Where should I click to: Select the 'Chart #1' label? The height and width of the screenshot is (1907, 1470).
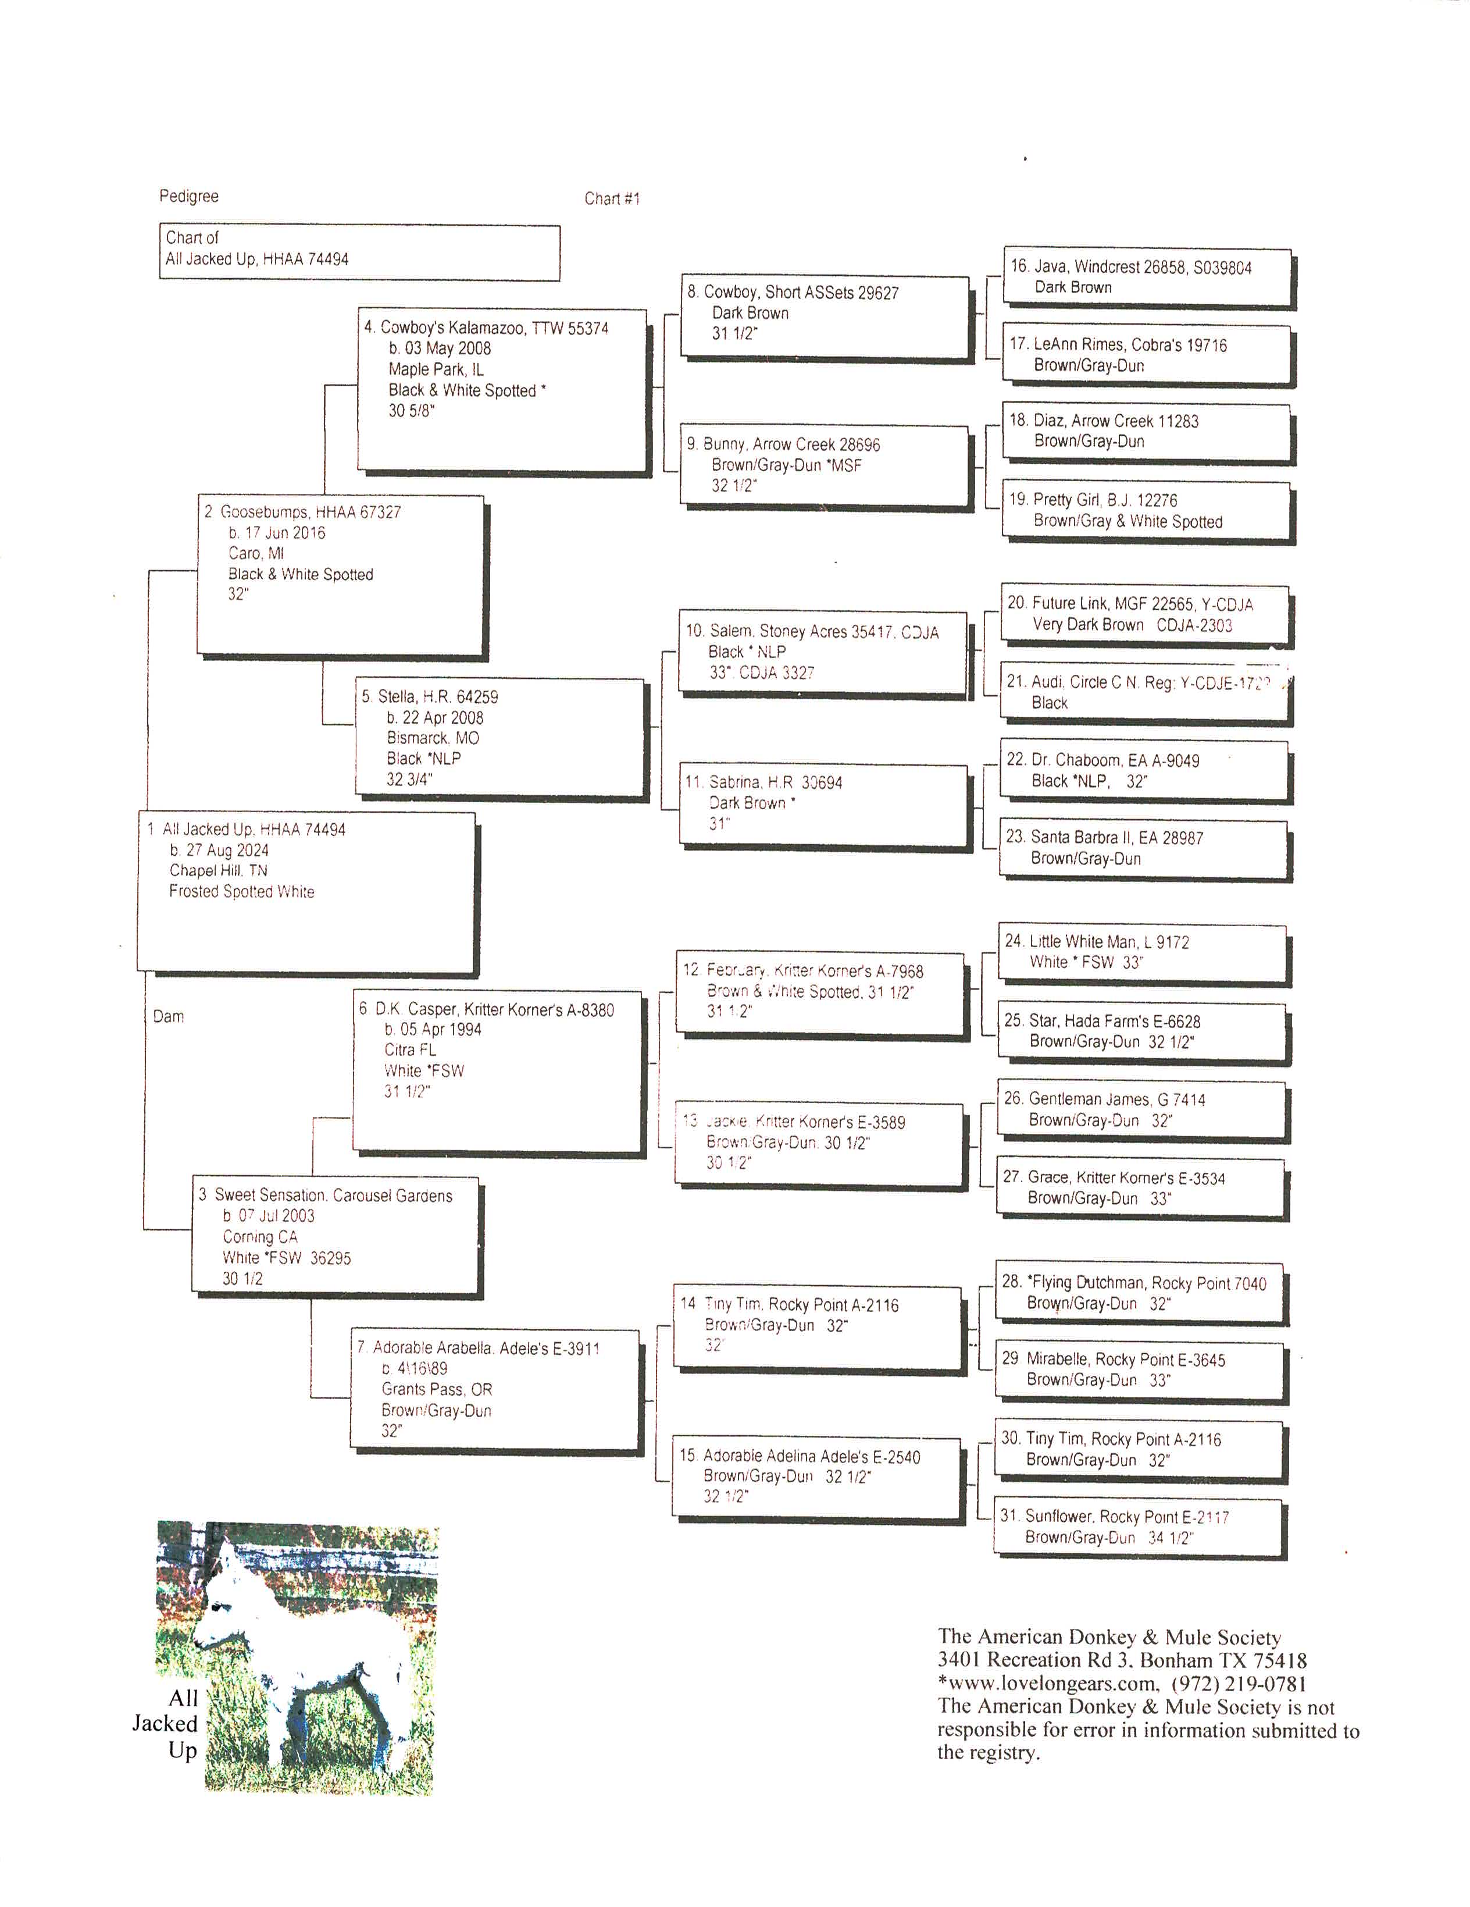612,199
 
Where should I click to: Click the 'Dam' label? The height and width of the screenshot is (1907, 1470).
169,1016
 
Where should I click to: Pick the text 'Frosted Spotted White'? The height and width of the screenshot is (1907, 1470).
242,891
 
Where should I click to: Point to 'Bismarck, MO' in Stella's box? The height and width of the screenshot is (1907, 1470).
433,738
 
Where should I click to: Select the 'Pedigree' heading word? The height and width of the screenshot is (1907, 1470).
188,197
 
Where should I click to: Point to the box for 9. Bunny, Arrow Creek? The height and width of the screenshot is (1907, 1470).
824,464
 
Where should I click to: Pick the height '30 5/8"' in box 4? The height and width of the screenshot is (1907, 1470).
411,411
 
